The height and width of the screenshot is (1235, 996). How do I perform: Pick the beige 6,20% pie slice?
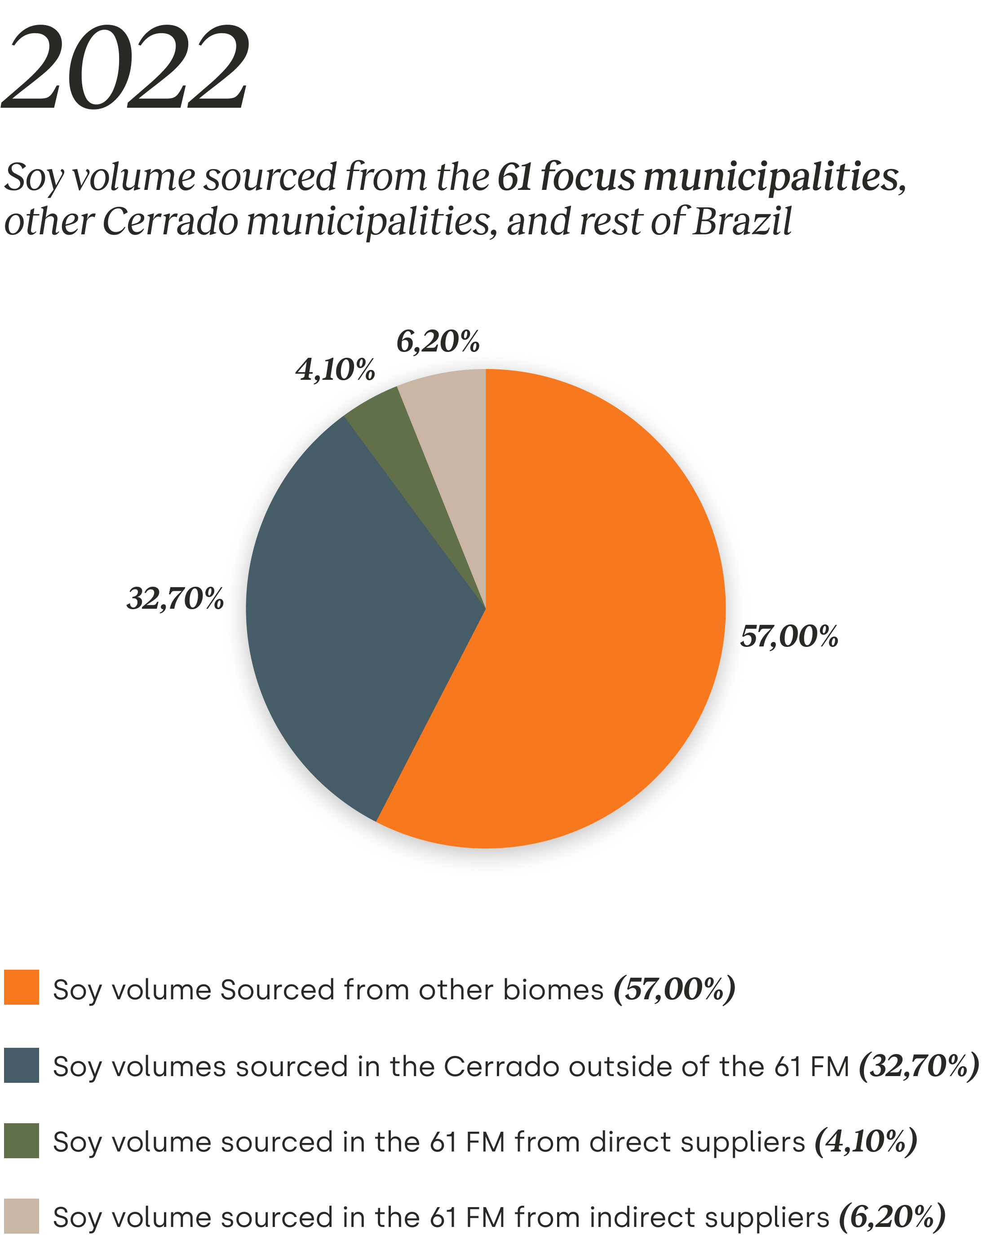pos(453,436)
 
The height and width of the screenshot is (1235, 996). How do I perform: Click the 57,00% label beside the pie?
pos(792,637)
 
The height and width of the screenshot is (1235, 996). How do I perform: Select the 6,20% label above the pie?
pos(437,342)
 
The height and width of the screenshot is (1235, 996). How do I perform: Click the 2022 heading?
pos(125,68)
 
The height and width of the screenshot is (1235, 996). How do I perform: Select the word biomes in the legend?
pos(553,989)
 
